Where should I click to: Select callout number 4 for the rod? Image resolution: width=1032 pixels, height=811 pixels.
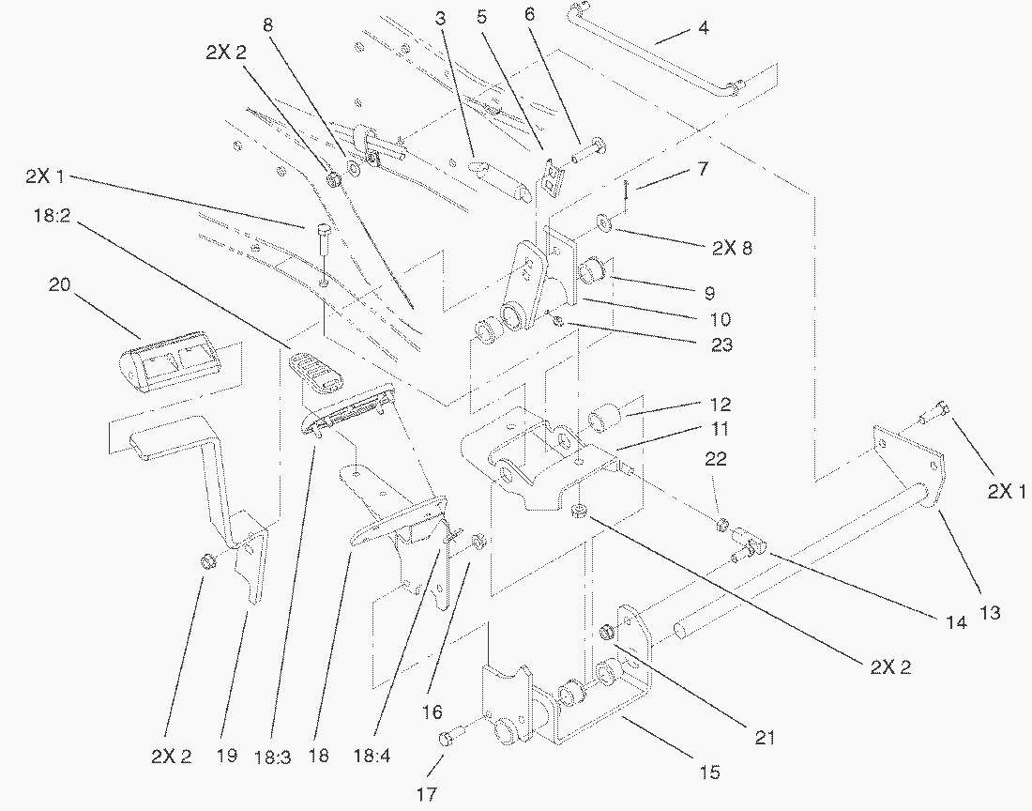tap(729, 28)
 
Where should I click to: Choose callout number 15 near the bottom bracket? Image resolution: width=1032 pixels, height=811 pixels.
tap(709, 773)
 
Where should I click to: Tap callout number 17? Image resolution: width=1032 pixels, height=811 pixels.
tap(427, 795)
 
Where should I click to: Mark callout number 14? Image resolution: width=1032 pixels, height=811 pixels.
tap(955, 621)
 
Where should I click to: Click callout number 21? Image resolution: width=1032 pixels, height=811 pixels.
tap(765, 738)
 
